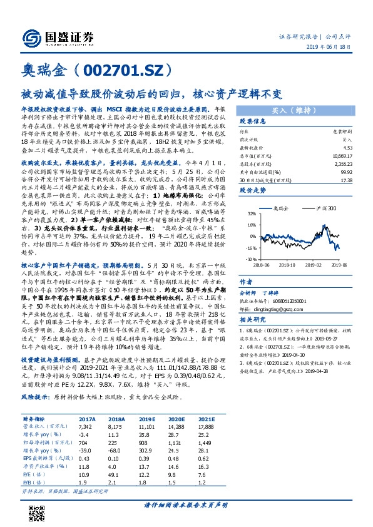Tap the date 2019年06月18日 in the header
click(338, 48)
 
